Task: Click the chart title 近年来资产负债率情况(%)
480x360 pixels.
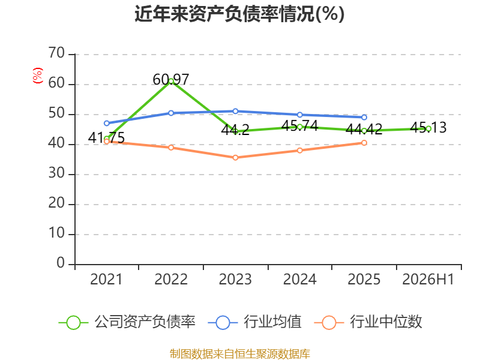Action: pyautogui.click(x=239, y=14)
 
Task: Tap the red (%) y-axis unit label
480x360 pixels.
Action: pyautogui.click(x=37, y=76)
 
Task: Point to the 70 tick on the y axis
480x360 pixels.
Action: pyautogui.click(x=56, y=53)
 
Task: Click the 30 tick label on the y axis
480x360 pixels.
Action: pyautogui.click(x=56, y=173)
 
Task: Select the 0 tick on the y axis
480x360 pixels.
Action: pyautogui.click(x=61, y=263)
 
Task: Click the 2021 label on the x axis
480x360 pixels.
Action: pyautogui.click(x=106, y=279)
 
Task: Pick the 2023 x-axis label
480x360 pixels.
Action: pyautogui.click(x=235, y=279)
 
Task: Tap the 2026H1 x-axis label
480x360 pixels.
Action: pyautogui.click(x=428, y=279)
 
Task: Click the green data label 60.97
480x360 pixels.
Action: pyautogui.click(x=171, y=80)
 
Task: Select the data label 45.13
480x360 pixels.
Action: pyautogui.click(x=428, y=127)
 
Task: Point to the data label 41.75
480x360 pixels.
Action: pyautogui.click(x=106, y=137)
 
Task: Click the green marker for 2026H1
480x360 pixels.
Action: pyautogui.click(x=428, y=129)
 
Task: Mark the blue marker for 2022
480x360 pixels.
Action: pyautogui.click(x=171, y=113)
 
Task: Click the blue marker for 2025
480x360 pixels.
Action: pyautogui.click(x=364, y=117)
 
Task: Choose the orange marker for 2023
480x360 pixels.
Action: pyautogui.click(x=235, y=158)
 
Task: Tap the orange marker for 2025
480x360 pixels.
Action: pyautogui.click(x=364, y=143)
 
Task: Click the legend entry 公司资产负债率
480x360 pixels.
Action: pyautogui.click(x=127, y=322)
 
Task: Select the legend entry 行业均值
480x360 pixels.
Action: pyautogui.click(x=254, y=322)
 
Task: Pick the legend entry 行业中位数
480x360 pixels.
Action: pyautogui.click(x=368, y=322)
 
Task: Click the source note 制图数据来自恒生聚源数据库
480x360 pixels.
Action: pyautogui.click(x=239, y=353)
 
